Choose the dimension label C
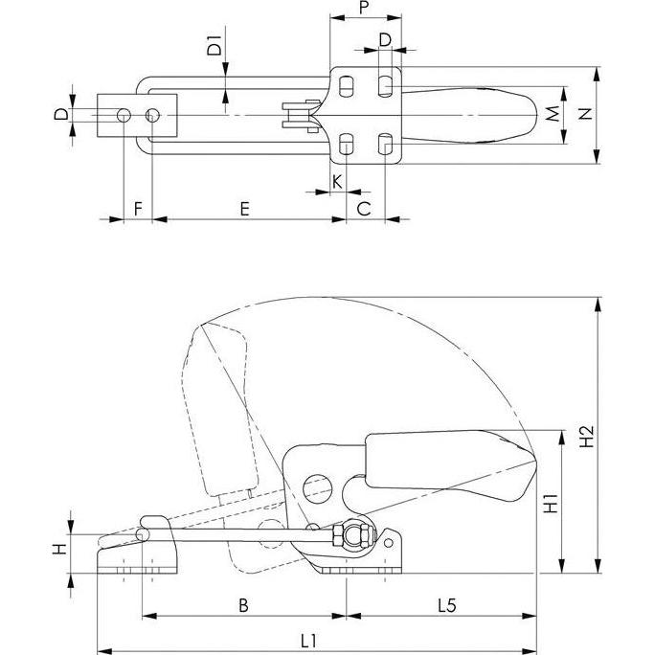point(365,208)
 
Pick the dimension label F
point(139,208)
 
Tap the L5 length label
point(446,604)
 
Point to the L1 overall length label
point(309,639)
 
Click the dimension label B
point(243,604)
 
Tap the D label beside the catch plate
point(59,114)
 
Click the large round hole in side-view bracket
point(316,489)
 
